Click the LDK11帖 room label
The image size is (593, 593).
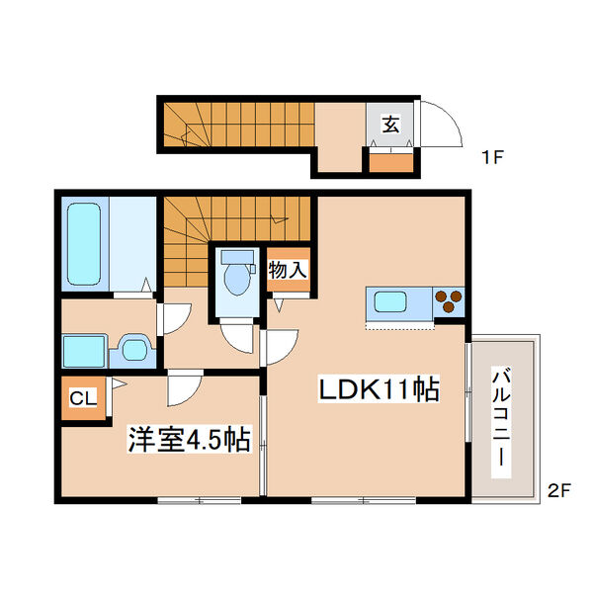[x=379, y=389]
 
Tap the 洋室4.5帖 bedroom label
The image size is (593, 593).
[x=189, y=440]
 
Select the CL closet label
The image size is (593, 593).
[x=83, y=398]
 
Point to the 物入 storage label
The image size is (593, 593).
[x=288, y=270]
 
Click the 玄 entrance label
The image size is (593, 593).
[x=390, y=125]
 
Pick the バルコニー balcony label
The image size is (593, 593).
[x=501, y=422]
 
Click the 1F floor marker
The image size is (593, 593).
[x=493, y=157]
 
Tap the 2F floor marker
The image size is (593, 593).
[x=559, y=491]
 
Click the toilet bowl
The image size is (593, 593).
[x=237, y=279]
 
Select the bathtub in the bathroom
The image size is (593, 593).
[x=84, y=244]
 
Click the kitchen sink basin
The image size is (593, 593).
[x=390, y=301]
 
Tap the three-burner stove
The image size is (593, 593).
[x=449, y=301]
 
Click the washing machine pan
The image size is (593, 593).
[x=84, y=351]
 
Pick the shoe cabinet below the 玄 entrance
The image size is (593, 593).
[x=391, y=162]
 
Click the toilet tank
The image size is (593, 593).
[x=237, y=257]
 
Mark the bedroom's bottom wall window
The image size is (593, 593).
[x=200, y=501]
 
